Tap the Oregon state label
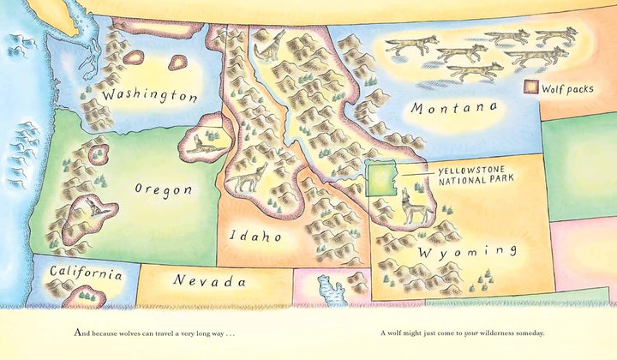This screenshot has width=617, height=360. (x=164, y=189)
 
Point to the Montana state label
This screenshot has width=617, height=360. (x=453, y=107)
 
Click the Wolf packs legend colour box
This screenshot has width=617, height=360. (x=531, y=87)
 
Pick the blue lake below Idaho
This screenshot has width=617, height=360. (x=330, y=289)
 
